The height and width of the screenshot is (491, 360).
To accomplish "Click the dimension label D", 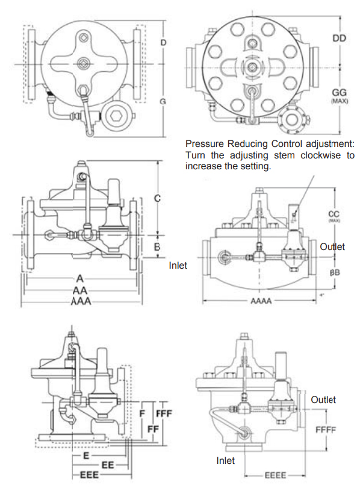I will tap(163, 42).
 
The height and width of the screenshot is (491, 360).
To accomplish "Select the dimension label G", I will tap(163, 101).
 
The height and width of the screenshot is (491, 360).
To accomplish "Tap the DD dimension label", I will tap(340, 38).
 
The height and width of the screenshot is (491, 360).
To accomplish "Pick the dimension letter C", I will tap(157, 198).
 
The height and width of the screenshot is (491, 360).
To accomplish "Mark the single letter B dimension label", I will tap(157, 246).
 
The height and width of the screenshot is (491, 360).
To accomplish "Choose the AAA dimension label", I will tap(81, 301).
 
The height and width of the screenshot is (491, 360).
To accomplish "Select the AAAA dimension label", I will tap(261, 299).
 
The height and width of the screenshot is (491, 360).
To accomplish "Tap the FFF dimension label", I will tap(164, 415).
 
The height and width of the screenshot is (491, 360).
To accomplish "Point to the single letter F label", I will tap(142, 415).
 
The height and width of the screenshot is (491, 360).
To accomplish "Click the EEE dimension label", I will tap(90, 475).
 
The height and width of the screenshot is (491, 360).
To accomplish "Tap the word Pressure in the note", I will tap(204, 145).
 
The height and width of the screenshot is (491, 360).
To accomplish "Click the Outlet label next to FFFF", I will tap(323, 400).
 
